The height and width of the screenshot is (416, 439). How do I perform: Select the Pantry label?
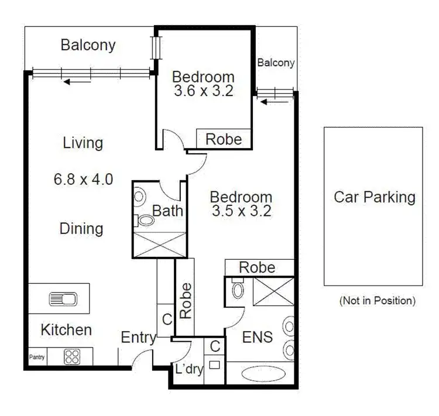pyautogui.click(x=37, y=356)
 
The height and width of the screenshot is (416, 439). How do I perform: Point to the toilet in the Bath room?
pyautogui.click(x=145, y=221)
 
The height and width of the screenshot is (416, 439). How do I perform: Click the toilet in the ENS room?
pyautogui.click(x=238, y=289)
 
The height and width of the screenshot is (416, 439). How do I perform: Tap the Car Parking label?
pyautogui.click(x=374, y=197)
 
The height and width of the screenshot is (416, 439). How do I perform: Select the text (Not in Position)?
pyautogui.click(x=377, y=301)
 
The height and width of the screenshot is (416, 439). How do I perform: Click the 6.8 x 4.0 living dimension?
pyautogui.click(x=82, y=179)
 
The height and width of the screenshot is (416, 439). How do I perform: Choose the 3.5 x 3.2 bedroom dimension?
pyautogui.click(x=241, y=212)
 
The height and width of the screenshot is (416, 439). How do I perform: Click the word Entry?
pyautogui.click(x=138, y=337)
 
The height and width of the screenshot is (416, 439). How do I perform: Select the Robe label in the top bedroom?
pyautogui.click(x=224, y=139)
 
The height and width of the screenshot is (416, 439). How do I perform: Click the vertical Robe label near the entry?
pyautogui.click(x=186, y=301)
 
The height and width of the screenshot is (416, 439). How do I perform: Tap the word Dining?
pyautogui.click(x=81, y=228)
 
